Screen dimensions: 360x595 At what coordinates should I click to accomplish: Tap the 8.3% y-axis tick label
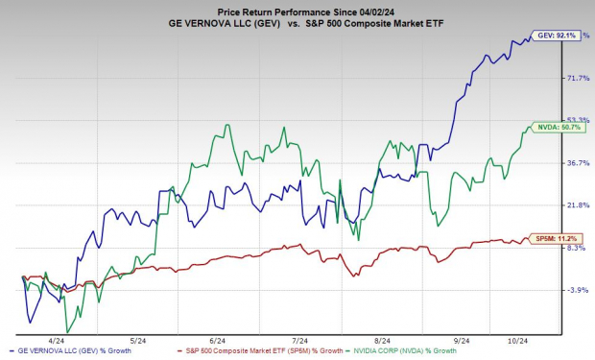coord(576,248)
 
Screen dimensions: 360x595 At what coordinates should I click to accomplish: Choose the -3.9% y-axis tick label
coord(576,290)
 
